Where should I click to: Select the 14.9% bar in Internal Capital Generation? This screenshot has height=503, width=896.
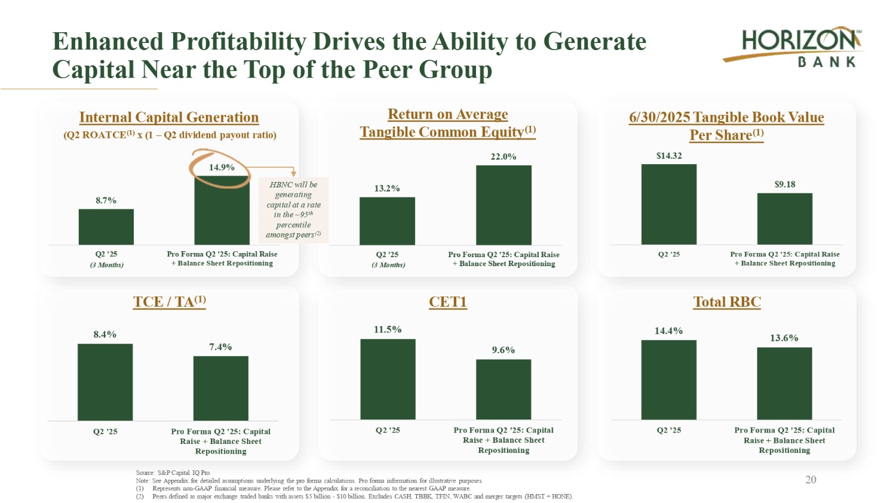[222, 212]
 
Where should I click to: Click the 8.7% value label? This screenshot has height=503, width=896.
[106, 200]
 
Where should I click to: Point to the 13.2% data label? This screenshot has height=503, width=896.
[387, 189]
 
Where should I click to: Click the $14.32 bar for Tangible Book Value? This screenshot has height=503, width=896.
[668, 204]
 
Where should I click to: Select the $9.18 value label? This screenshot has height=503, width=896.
[784, 184]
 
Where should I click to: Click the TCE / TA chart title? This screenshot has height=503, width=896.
[169, 302]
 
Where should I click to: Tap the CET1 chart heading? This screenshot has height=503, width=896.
[447, 302]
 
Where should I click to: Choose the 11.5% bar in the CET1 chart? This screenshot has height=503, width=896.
[388, 379]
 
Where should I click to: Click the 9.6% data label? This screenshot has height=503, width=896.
[504, 350]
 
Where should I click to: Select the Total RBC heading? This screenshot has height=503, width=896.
[726, 302]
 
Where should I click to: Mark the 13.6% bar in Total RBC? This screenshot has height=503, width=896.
[784, 383]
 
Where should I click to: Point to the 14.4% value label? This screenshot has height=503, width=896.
[668, 331]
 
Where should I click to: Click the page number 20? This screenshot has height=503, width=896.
[811, 480]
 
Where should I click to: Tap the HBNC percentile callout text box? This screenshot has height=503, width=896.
[293, 209]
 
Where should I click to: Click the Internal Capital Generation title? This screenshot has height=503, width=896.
[169, 118]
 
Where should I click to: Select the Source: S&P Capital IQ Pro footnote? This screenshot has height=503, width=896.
[173, 473]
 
